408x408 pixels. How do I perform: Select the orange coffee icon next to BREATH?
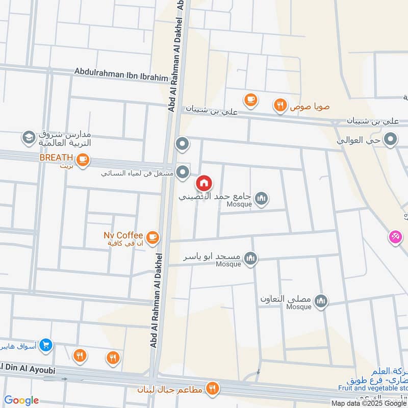[83, 160]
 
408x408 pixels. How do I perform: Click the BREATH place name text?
[57, 158]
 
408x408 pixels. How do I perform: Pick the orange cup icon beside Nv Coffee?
[152, 237]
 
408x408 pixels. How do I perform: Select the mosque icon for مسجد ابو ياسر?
[250, 259]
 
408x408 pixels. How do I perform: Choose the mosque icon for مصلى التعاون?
[321, 302]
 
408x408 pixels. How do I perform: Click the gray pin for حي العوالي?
[391, 139]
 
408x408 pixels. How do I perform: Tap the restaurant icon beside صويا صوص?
[279, 106]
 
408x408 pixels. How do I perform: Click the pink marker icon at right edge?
[395, 237]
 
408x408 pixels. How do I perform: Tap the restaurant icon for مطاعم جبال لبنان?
[212, 389]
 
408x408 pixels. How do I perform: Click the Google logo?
[21, 400]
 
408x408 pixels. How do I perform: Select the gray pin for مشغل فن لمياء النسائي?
[182, 171]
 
